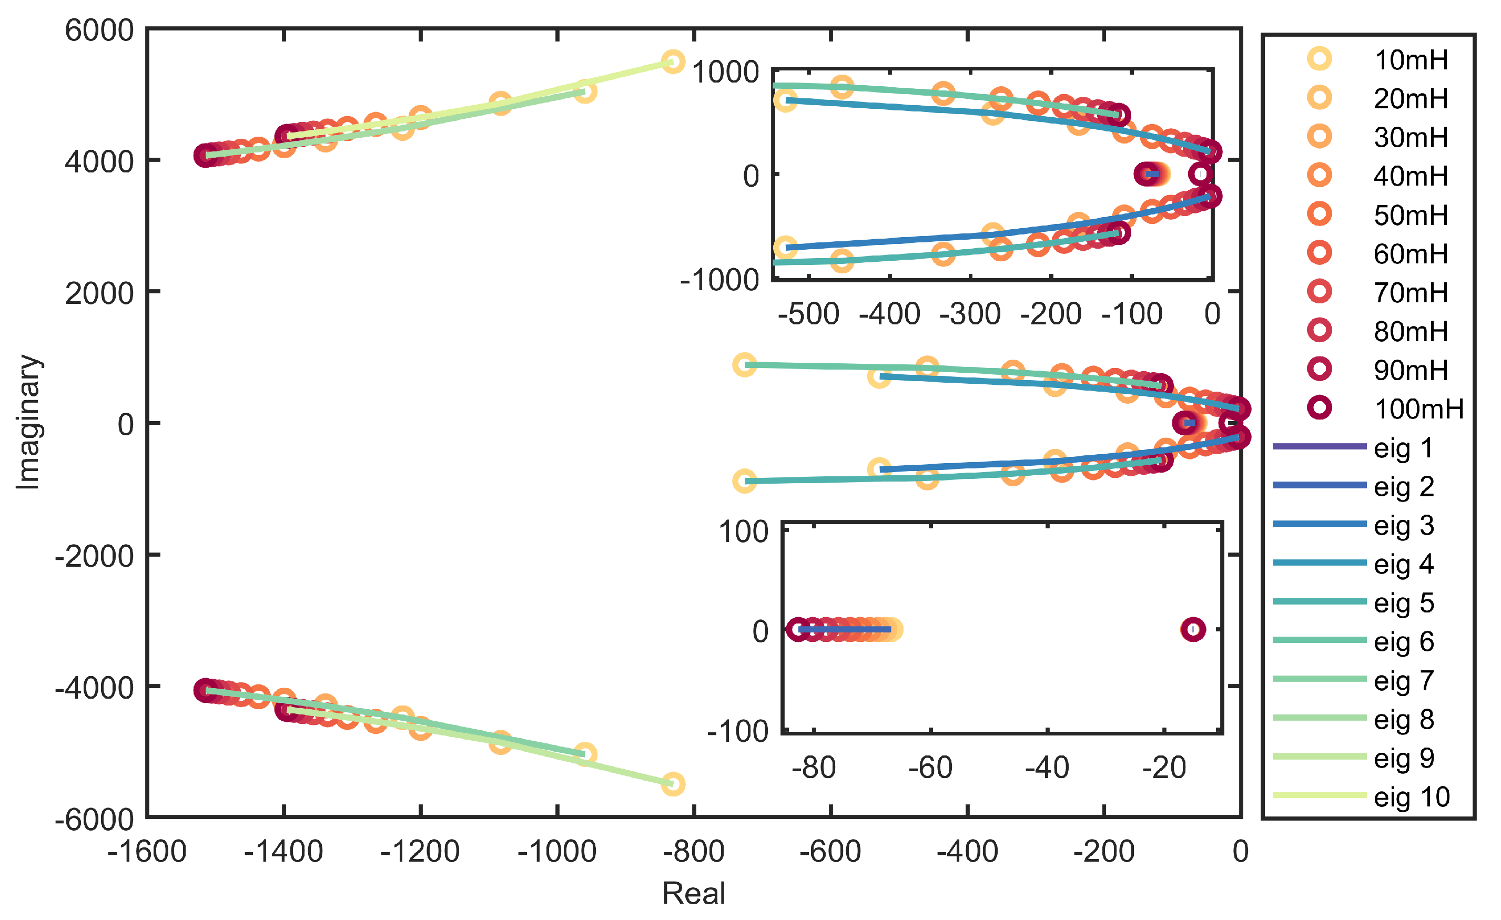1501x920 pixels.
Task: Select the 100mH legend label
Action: [1418, 408]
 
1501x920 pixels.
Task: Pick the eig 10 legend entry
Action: [1411, 796]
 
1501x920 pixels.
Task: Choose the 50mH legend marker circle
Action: [1320, 214]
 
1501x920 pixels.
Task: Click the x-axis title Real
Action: [693, 893]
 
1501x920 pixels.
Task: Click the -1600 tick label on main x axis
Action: [147, 851]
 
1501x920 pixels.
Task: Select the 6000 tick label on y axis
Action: [99, 30]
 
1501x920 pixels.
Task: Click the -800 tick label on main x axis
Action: [693, 851]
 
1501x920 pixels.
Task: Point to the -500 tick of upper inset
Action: [808, 314]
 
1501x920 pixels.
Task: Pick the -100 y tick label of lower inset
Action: [738, 731]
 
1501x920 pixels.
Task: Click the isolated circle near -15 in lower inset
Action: [1193, 629]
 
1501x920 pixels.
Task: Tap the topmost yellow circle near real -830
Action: [673, 62]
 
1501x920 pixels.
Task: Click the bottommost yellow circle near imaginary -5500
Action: [673, 784]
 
